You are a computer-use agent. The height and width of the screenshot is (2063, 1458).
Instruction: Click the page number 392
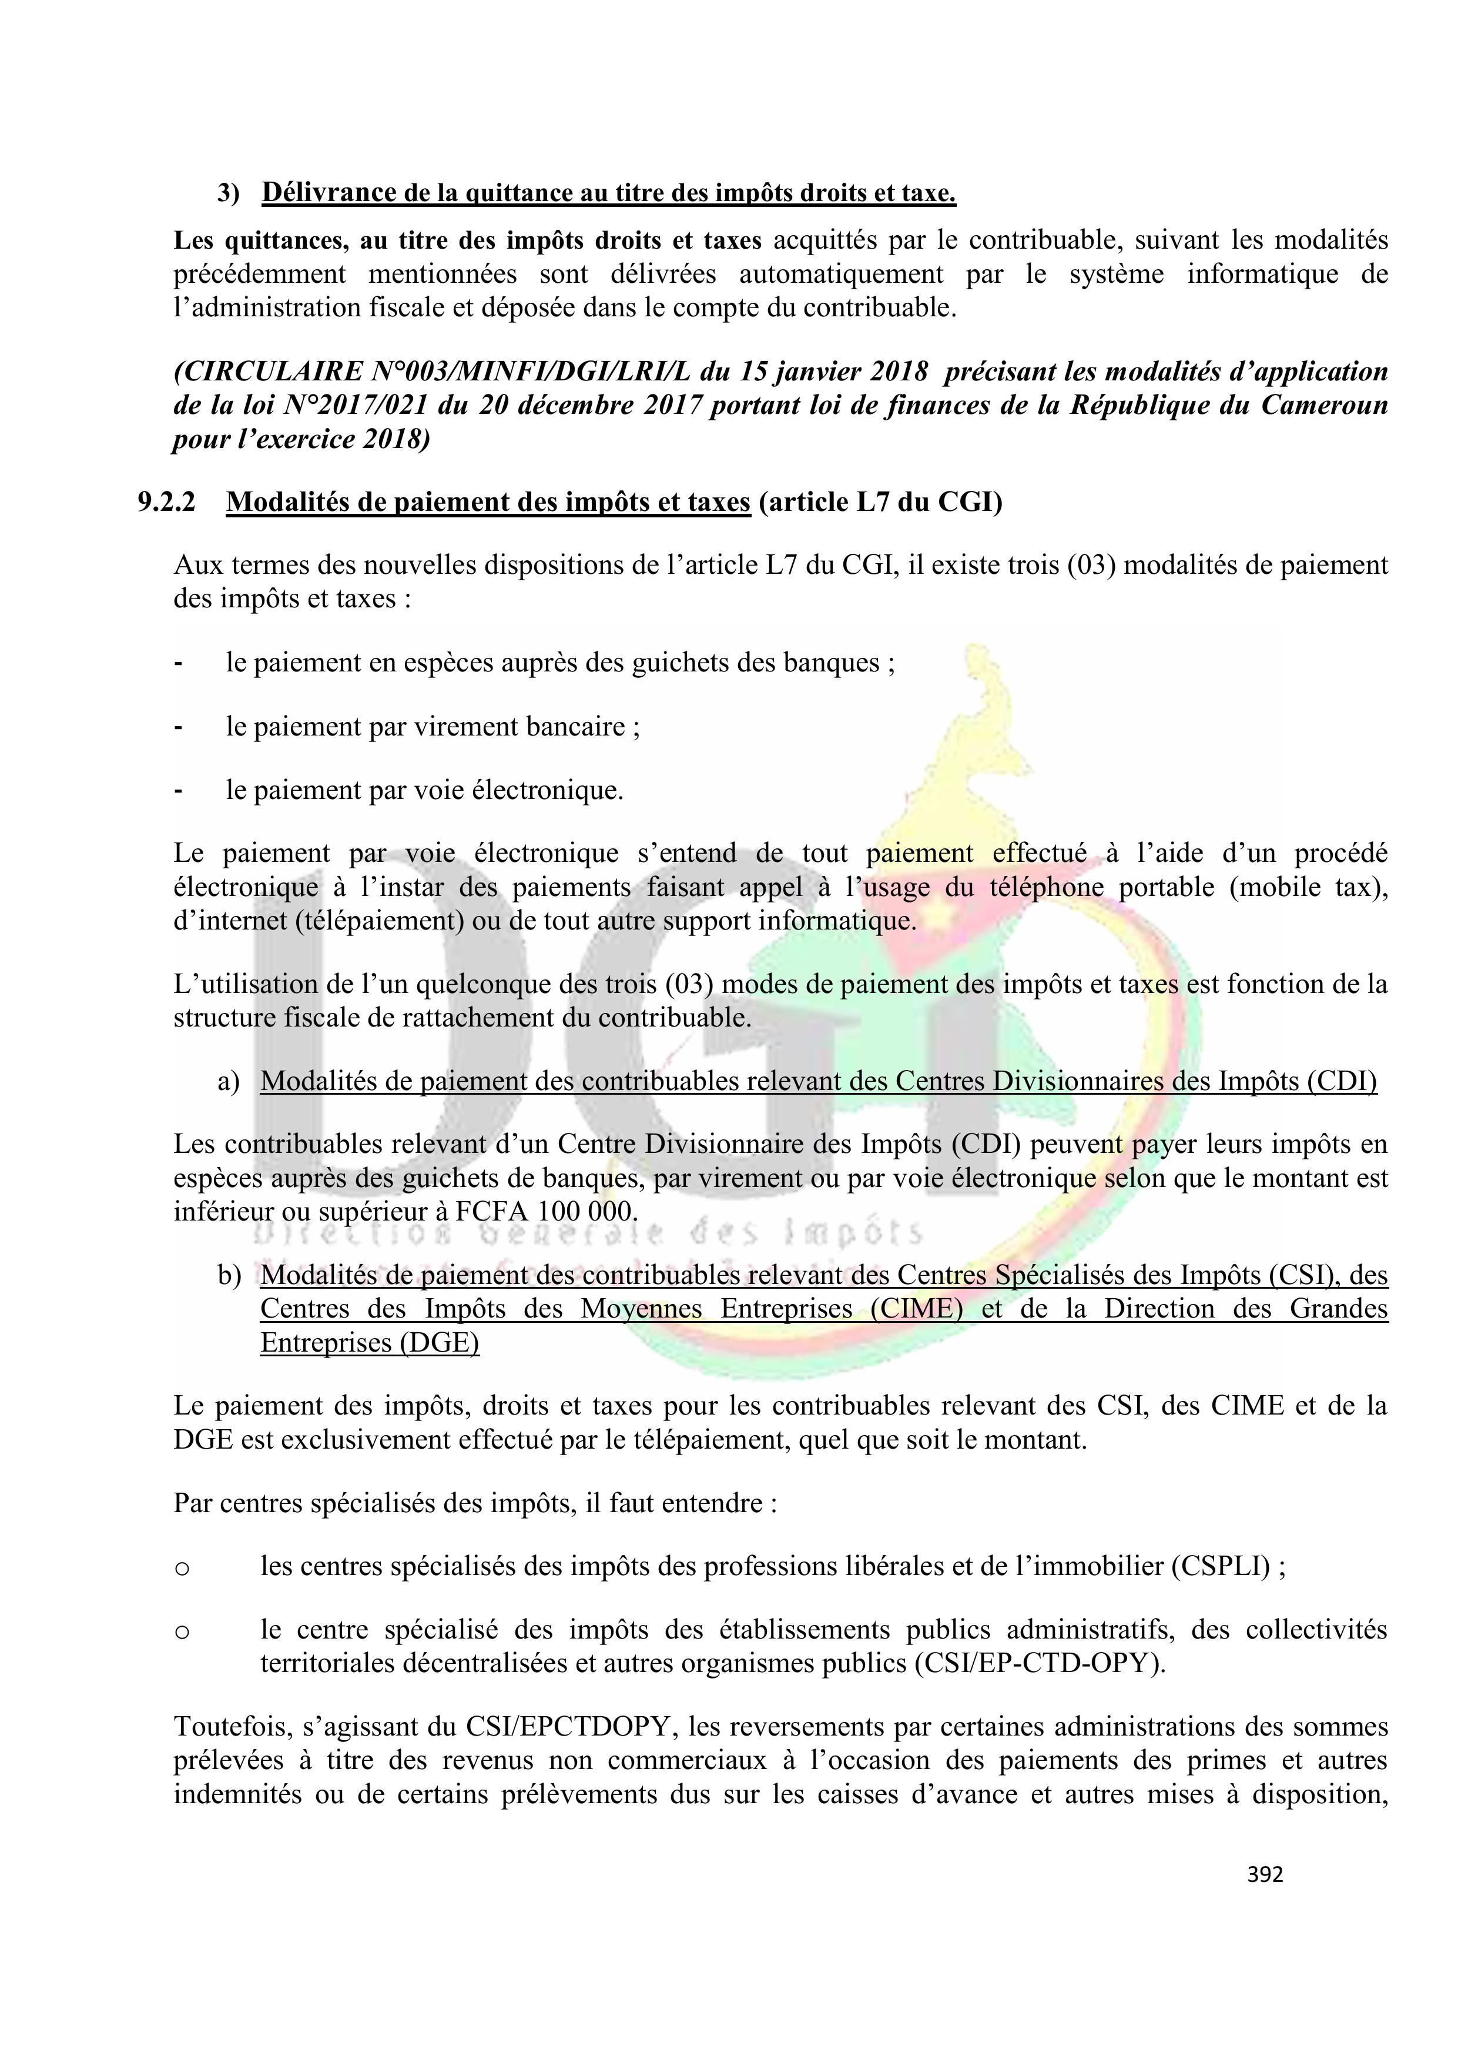(x=1265, y=1874)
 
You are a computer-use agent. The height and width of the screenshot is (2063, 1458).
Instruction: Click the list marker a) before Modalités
(x=228, y=1081)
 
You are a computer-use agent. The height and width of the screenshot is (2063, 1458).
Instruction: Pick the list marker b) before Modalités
(x=228, y=1275)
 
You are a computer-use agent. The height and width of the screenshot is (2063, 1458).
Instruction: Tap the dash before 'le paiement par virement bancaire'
(x=179, y=727)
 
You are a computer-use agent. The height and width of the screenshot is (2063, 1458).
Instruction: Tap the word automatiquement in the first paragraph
(x=842, y=273)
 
